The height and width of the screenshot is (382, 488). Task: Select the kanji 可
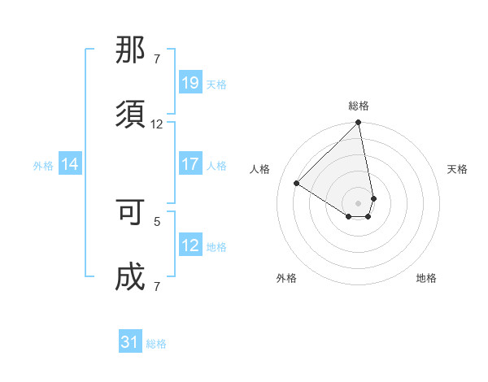pos(131,214)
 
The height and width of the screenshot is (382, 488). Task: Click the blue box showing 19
pos(190,83)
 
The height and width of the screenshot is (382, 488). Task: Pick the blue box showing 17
pos(190,164)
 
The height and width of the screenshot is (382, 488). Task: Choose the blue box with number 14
pos(70,165)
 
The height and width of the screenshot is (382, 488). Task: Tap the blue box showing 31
pos(130,343)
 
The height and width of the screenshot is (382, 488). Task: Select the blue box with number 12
pos(190,245)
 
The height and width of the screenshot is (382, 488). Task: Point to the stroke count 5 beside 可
pos(157,220)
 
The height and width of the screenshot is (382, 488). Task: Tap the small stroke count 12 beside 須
pos(157,124)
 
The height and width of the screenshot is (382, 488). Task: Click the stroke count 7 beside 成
pos(157,286)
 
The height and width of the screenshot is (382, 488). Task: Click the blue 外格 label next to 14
pos(43,166)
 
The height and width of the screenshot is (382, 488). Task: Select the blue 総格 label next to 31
pos(156,344)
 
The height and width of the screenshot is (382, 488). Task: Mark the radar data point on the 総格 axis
pos(358,124)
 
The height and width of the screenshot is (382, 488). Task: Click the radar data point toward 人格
pos(297,183)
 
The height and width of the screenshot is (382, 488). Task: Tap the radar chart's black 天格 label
pos(458,169)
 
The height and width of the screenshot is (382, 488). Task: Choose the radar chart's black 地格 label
pos(426,278)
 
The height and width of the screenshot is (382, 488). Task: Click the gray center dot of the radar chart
pos(358,202)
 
